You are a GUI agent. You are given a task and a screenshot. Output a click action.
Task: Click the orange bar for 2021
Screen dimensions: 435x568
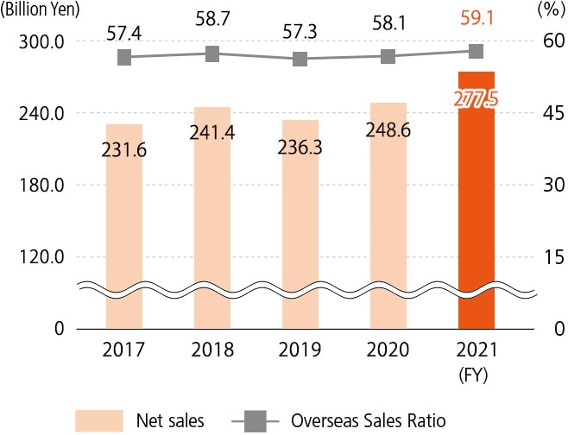pos(476,207)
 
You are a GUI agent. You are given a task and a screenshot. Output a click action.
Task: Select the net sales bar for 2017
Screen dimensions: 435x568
pos(124,233)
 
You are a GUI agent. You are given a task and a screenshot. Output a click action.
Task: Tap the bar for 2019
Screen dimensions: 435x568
pos(300,233)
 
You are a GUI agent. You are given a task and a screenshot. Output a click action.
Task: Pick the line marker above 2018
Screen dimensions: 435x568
pos(212,54)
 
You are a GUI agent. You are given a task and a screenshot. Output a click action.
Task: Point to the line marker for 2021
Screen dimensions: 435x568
pos(476,51)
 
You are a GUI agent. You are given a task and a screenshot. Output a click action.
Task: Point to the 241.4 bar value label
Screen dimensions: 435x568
pos(212,135)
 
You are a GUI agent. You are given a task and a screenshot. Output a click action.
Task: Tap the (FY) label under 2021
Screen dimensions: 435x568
pos(476,375)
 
